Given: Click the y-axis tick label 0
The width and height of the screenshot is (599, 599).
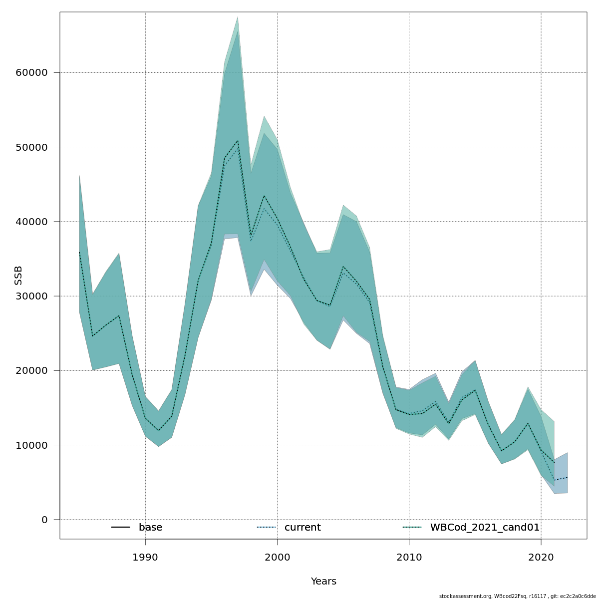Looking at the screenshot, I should tap(44, 520).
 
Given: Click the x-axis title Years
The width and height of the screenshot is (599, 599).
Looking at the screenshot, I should tap(323, 582).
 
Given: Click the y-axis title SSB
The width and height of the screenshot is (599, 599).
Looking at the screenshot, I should tap(18, 276).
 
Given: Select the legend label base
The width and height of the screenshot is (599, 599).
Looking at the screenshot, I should tap(150, 528).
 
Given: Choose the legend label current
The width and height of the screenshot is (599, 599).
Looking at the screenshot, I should tap(302, 528).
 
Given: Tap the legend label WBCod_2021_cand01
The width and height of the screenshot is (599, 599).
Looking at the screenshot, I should tap(485, 528).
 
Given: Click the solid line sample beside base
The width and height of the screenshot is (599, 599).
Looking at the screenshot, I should tap(120, 528).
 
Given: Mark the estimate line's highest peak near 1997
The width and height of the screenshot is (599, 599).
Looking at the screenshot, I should tap(238, 141).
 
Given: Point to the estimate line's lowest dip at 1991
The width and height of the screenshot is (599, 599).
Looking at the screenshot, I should tap(159, 430).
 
